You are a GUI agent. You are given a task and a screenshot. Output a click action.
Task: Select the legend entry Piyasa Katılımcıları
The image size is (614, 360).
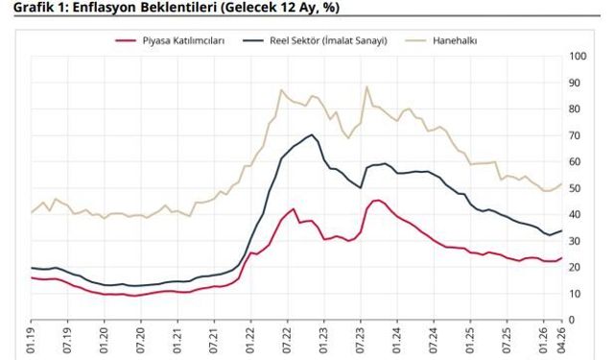(182, 40)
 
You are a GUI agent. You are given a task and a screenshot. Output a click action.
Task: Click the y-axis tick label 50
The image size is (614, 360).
(577, 188)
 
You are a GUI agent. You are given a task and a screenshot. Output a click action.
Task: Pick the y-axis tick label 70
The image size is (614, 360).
(577, 135)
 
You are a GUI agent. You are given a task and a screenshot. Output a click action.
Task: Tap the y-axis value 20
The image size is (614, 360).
(577, 267)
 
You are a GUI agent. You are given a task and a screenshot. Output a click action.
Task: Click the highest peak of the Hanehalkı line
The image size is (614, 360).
(366, 86)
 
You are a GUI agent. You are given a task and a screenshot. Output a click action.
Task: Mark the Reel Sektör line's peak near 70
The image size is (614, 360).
(312, 134)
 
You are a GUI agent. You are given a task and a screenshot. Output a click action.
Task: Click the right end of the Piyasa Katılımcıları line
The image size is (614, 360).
(560, 257)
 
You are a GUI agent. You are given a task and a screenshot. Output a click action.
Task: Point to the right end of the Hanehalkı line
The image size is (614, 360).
(560, 183)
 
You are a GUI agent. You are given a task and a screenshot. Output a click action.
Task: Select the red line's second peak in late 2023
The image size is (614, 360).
(377, 200)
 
